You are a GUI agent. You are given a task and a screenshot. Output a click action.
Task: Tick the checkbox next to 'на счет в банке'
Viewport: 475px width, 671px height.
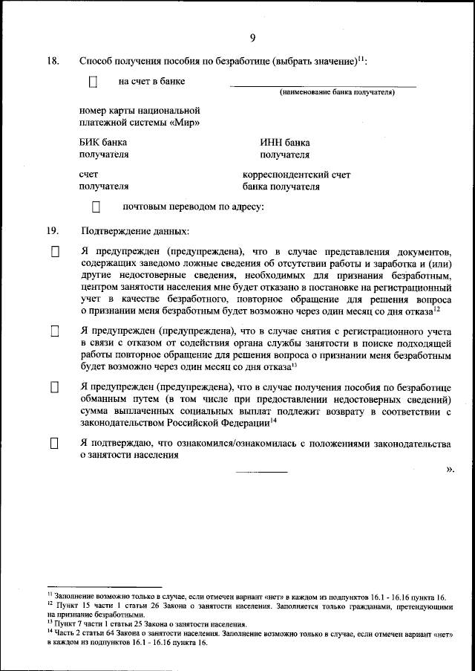pos(93,82)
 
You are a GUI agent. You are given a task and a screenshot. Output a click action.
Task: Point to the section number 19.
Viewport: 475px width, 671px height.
pos(53,230)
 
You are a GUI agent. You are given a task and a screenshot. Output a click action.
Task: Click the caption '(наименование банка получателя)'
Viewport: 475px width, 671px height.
pos(336,93)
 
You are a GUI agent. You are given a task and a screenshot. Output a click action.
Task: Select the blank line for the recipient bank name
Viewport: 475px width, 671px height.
pos(324,86)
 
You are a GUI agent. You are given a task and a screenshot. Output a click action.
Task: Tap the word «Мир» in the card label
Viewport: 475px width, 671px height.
pos(186,123)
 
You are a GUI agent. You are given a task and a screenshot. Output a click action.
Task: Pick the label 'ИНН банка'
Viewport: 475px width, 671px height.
pos(285,143)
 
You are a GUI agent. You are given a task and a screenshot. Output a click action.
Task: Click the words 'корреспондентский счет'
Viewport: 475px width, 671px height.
pos(297,175)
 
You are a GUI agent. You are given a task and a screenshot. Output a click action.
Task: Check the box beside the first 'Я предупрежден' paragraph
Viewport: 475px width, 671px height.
pos(54,253)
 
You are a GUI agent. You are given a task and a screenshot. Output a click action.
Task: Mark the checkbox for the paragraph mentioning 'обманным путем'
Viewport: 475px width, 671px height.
pos(54,387)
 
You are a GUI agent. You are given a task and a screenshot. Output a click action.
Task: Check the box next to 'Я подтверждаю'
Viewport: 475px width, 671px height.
pos(54,444)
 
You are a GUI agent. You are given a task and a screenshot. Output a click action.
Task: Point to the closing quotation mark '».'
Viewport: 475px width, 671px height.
pos(450,469)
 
